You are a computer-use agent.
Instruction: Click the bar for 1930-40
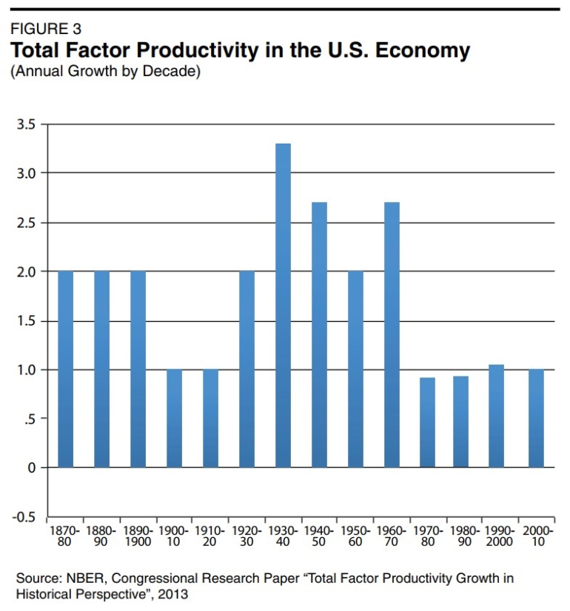[x=283, y=305]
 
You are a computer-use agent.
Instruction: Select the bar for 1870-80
[x=65, y=369]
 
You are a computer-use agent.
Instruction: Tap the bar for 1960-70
[x=392, y=334]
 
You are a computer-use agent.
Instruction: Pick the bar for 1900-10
[x=174, y=418]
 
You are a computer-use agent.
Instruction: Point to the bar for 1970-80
[x=427, y=422]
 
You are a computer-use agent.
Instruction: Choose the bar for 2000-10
[x=536, y=418]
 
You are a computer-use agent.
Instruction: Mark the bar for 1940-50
[x=319, y=334]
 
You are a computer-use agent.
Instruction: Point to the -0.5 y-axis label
[x=24, y=517]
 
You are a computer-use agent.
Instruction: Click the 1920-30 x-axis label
[x=247, y=536]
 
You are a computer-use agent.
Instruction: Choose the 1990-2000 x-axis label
[x=500, y=536]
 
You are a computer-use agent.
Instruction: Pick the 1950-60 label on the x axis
[x=355, y=536]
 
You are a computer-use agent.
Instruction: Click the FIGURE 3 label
[x=45, y=30]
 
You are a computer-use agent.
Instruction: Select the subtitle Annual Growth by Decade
[x=104, y=72]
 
